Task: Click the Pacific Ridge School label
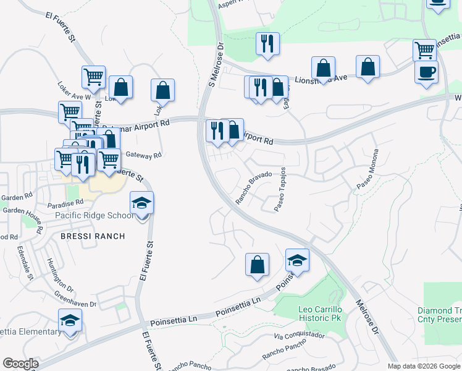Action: point(94,215)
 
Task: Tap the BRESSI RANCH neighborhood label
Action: point(93,236)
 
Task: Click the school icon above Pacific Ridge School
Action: point(141,203)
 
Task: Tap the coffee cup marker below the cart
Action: point(426,72)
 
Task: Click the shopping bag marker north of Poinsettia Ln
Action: point(257,264)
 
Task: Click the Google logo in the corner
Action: point(20,364)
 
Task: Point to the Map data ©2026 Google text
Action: point(424,366)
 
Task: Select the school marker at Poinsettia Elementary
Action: point(70,320)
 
